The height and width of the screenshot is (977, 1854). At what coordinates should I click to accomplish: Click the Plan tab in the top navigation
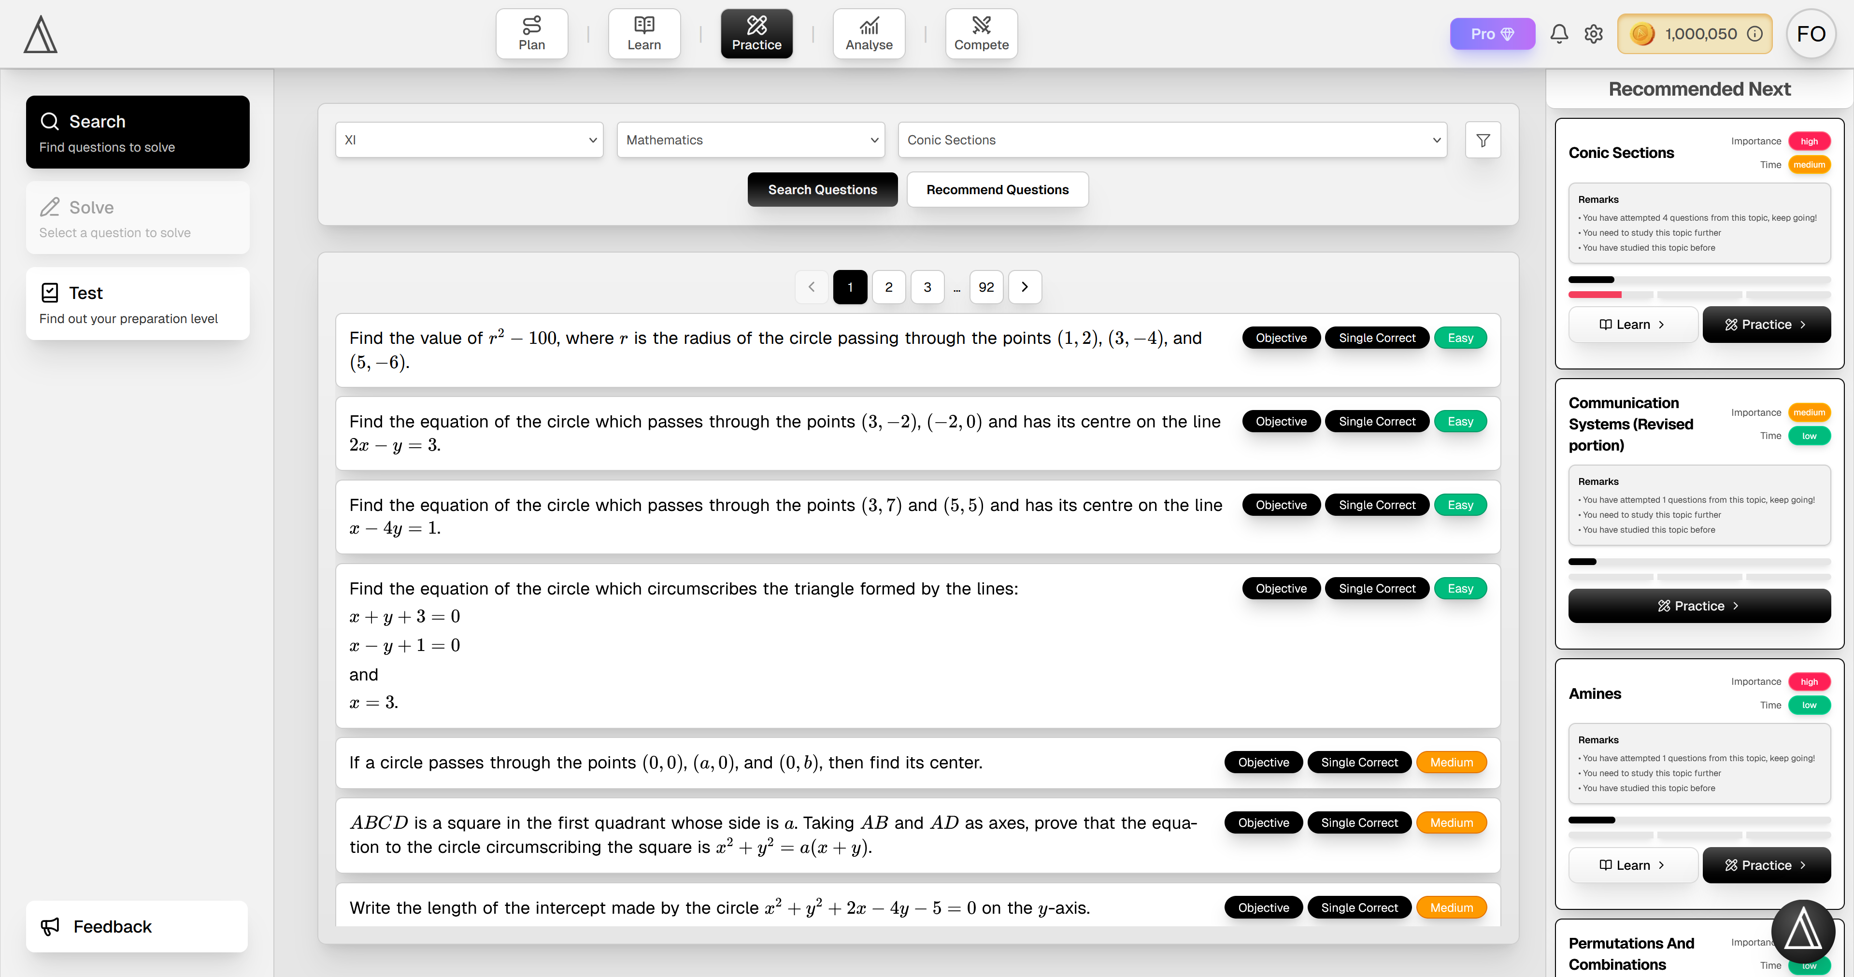coord(531,34)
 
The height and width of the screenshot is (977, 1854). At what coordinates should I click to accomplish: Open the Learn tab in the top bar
coord(643,34)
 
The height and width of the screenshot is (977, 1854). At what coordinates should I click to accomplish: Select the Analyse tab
coord(869,34)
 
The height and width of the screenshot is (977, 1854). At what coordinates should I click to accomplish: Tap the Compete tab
coord(981,34)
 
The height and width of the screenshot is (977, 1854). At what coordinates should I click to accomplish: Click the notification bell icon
coord(1559,34)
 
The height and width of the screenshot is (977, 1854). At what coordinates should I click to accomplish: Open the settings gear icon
coord(1594,34)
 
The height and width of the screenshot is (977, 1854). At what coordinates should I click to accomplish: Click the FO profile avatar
coord(1811,34)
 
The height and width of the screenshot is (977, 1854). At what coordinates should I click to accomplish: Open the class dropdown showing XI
coord(469,140)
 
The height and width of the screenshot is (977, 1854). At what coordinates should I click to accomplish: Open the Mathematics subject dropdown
coord(751,140)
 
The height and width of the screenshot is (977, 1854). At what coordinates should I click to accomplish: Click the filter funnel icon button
coord(1483,140)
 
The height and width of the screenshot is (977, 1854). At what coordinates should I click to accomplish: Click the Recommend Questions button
coord(997,189)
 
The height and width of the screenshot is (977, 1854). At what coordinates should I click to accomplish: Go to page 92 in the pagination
coord(986,287)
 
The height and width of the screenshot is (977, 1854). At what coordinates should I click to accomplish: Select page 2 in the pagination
coord(889,287)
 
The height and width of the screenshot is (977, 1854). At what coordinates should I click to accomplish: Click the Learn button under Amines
coord(1632,865)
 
